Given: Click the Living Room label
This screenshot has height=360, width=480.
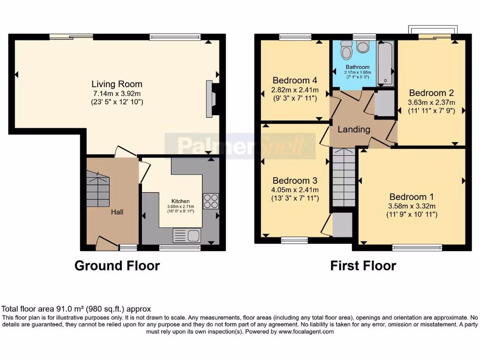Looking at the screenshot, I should pyautogui.click(x=117, y=84).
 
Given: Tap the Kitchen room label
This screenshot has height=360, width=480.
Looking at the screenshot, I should pyautogui.click(x=180, y=201).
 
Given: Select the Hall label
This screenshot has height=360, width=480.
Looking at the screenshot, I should pyautogui.click(x=117, y=212).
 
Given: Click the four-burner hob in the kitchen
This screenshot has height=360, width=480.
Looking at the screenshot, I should pyautogui.click(x=210, y=201).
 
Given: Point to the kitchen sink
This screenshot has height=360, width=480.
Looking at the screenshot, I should pyautogui.click(x=187, y=234).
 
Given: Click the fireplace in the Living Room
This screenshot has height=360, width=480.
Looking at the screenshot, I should pyautogui.click(x=210, y=98).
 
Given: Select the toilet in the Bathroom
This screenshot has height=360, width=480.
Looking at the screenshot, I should pyautogui.click(x=347, y=48).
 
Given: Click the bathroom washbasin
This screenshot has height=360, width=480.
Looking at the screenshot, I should pyautogui.click(x=362, y=46).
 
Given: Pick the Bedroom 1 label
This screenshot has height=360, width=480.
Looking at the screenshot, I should pyautogui.click(x=412, y=197).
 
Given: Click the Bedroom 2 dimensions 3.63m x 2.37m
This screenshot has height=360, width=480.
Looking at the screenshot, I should pyautogui.click(x=431, y=102).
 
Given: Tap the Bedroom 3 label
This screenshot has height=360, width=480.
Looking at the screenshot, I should pyautogui.click(x=295, y=180).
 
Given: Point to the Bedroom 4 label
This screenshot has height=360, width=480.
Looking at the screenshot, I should pyautogui.click(x=291, y=81).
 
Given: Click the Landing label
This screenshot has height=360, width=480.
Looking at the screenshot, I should pyautogui.click(x=354, y=129).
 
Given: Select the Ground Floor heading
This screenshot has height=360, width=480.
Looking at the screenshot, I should pyautogui.click(x=117, y=266).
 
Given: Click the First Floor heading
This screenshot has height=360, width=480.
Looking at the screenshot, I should pyautogui.click(x=363, y=266).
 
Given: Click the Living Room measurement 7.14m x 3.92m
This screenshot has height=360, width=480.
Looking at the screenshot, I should pyautogui.click(x=117, y=93).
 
